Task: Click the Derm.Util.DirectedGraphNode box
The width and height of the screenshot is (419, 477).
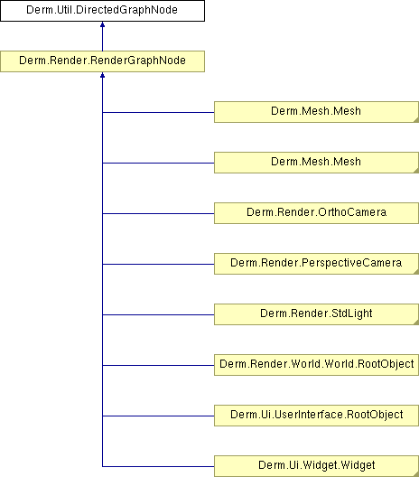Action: (x=102, y=11)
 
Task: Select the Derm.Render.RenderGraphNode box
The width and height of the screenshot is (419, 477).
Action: (x=102, y=61)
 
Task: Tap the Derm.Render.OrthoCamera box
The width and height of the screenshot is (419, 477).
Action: (x=317, y=213)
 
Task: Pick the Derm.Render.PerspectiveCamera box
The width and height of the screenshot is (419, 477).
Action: (x=317, y=264)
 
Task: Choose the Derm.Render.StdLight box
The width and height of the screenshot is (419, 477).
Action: (x=317, y=314)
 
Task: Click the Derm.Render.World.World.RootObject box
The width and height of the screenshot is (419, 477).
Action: (x=317, y=365)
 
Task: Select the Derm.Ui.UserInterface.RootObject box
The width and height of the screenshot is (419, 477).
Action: (x=317, y=416)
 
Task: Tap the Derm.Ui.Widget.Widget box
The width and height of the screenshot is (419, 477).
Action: (x=317, y=466)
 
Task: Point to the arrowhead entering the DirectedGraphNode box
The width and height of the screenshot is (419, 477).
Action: (x=102, y=24)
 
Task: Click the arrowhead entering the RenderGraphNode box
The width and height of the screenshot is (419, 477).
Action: (x=102, y=75)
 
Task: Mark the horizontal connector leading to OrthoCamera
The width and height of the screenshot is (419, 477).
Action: (x=158, y=213)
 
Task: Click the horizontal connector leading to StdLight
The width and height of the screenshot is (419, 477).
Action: (x=158, y=314)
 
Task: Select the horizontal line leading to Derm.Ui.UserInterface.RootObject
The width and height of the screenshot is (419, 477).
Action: (x=158, y=416)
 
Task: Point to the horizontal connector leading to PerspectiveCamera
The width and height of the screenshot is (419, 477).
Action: (x=158, y=264)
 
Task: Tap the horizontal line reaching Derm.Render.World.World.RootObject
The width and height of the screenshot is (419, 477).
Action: (x=158, y=365)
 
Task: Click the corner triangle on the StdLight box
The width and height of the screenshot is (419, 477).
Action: (x=417, y=323)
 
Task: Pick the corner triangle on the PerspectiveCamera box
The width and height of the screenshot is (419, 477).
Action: (x=417, y=272)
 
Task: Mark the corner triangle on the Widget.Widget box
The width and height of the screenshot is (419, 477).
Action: (x=417, y=474)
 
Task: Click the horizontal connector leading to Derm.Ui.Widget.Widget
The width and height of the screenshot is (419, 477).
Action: (x=158, y=466)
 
